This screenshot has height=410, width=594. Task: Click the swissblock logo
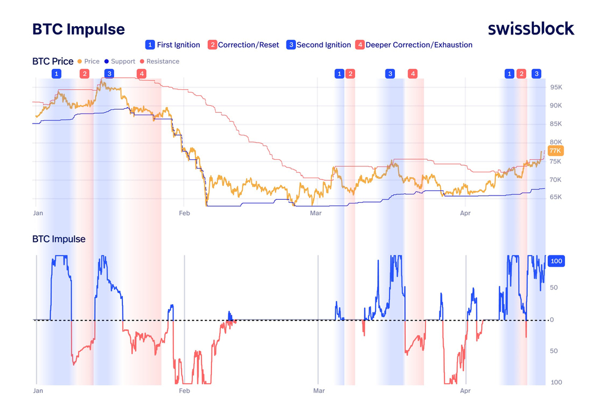point(530,29)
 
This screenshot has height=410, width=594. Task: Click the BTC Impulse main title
point(78,29)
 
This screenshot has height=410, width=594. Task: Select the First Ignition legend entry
point(173,45)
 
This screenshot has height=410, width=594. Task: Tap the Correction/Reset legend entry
point(243,45)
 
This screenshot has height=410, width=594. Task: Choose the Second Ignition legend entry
point(318,45)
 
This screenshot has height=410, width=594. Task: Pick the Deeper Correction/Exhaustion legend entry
point(413,45)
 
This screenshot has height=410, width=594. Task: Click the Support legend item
point(120,61)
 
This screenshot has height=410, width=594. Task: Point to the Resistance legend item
point(159,61)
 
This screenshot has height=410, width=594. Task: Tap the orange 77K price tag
point(555,151)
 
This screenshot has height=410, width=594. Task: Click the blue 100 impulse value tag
point(556,261)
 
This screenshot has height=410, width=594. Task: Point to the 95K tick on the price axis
point(556,87)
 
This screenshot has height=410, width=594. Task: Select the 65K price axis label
point(556,197)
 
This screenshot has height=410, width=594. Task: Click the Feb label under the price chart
point(185,213)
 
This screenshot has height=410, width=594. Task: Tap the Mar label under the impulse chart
point(319,390)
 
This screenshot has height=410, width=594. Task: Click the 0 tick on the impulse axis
point(552,320)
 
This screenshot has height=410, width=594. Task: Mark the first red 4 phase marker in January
point(142,74)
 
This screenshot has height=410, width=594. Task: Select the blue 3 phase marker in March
point(390,74)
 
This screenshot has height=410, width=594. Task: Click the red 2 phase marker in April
point(522,74)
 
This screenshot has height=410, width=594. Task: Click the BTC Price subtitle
point(53,61)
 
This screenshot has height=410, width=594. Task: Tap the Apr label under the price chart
point(465,213)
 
